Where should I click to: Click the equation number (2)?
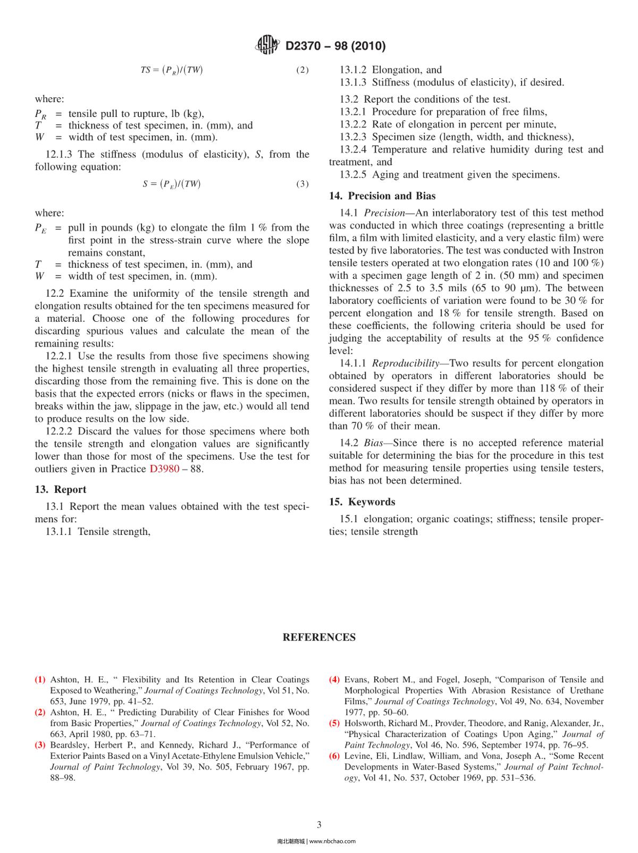coord(302,70)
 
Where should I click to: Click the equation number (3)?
coord(302,184)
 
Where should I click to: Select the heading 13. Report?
coord(61,489)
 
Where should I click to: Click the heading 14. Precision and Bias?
coord(382,196)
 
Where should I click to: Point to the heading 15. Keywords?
coord(362,501)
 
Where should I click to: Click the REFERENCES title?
coord(319,637)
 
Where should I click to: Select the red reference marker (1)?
coord(40,680)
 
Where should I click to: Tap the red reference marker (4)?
coord(334,680)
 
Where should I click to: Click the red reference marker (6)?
coord(334,756)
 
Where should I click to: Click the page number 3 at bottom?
coord(319,825)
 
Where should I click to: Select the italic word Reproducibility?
coord(405,363)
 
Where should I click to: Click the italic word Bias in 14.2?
coord(375,443)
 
